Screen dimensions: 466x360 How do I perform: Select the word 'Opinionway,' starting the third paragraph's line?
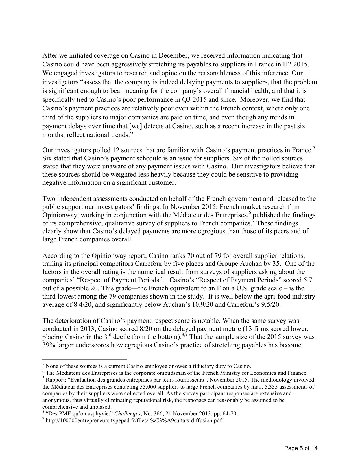[x=58, y=215]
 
